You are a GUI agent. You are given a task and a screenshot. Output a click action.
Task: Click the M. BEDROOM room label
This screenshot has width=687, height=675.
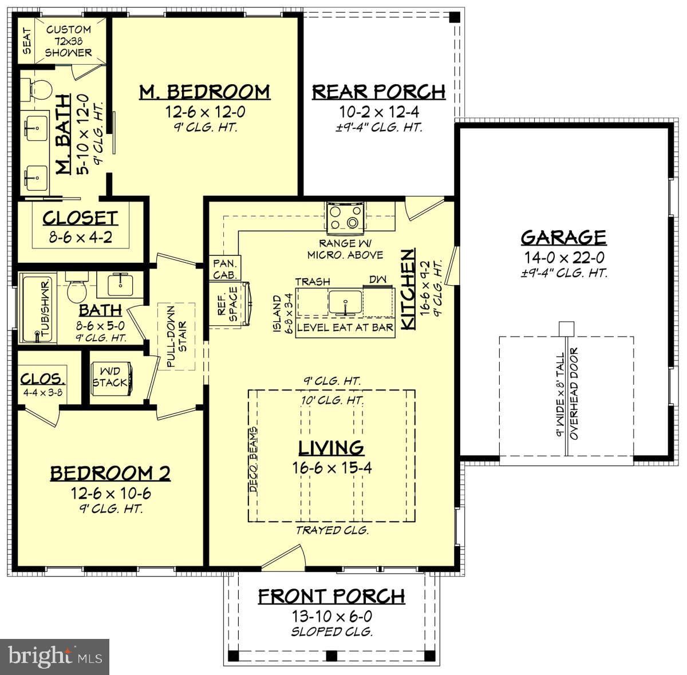point(204,92)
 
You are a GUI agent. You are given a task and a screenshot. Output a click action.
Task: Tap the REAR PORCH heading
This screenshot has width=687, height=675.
point(378,92)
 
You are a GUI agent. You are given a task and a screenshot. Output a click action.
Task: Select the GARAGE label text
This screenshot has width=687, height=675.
point(563,237)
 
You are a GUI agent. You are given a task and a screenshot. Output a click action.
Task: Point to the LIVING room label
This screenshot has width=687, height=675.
point(331,447)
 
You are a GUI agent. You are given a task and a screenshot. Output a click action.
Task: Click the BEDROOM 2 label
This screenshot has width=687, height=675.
point(110,473)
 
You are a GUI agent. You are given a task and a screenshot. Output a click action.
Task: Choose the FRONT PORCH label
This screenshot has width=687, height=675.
point(331,597)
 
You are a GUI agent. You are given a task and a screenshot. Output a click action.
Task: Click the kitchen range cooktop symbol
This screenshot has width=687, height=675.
point(345,218)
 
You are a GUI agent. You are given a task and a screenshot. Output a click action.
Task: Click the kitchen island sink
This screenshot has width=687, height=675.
point(345,302)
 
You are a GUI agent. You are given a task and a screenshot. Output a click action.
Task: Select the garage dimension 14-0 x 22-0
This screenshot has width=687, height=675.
point(563,258)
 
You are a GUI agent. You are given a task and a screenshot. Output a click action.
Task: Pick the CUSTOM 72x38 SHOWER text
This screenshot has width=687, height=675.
point(68,41)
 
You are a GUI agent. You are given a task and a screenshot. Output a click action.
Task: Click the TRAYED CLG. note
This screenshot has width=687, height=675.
point(331,531)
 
